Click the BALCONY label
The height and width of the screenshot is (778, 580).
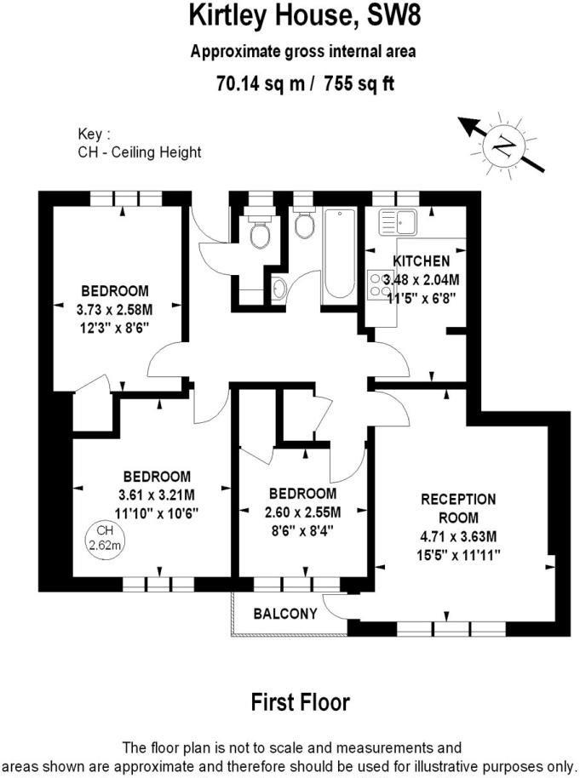tap(285, 613)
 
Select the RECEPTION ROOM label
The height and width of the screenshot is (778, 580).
tap(458, 508)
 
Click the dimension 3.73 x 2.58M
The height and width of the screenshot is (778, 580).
tap(114, 309)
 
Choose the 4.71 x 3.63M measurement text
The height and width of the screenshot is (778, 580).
tap(458, 537)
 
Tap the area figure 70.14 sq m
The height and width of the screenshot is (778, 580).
tap(253, 83)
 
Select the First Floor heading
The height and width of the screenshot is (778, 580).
tap(300, 702)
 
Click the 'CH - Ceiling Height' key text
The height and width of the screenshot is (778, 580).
tap(139, 152)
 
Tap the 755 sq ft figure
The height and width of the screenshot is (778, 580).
tap(359, 83)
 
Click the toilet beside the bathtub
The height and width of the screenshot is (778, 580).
tap(303, 226)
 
